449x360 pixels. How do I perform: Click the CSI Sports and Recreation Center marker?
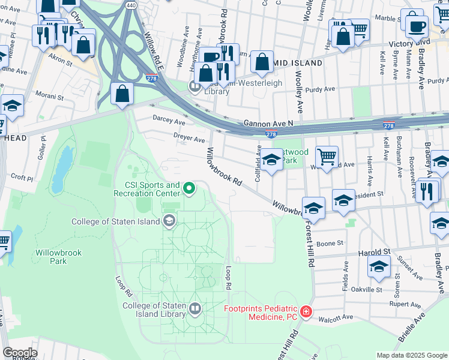[190, 190]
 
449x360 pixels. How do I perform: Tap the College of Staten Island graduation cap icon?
[169, 221]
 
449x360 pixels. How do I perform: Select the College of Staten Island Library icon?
[195, 310]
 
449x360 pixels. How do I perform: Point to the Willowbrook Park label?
[58, 257]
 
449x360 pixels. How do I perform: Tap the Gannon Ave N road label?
[268, 123]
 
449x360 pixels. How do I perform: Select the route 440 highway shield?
[131, 5]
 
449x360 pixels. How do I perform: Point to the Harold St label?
[375, 252]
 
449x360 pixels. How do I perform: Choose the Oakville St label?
[366, 289]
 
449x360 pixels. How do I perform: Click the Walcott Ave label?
[333, 320]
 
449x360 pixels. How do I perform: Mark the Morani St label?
[49, 97]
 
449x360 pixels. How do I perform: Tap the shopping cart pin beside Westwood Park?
[327, 157]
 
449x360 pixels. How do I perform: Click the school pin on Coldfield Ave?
[271, 160]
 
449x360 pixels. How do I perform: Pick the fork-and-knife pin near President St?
[427, 191]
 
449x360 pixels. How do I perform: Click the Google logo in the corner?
[20, 353]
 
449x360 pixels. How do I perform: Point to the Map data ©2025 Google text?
[412, 355]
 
